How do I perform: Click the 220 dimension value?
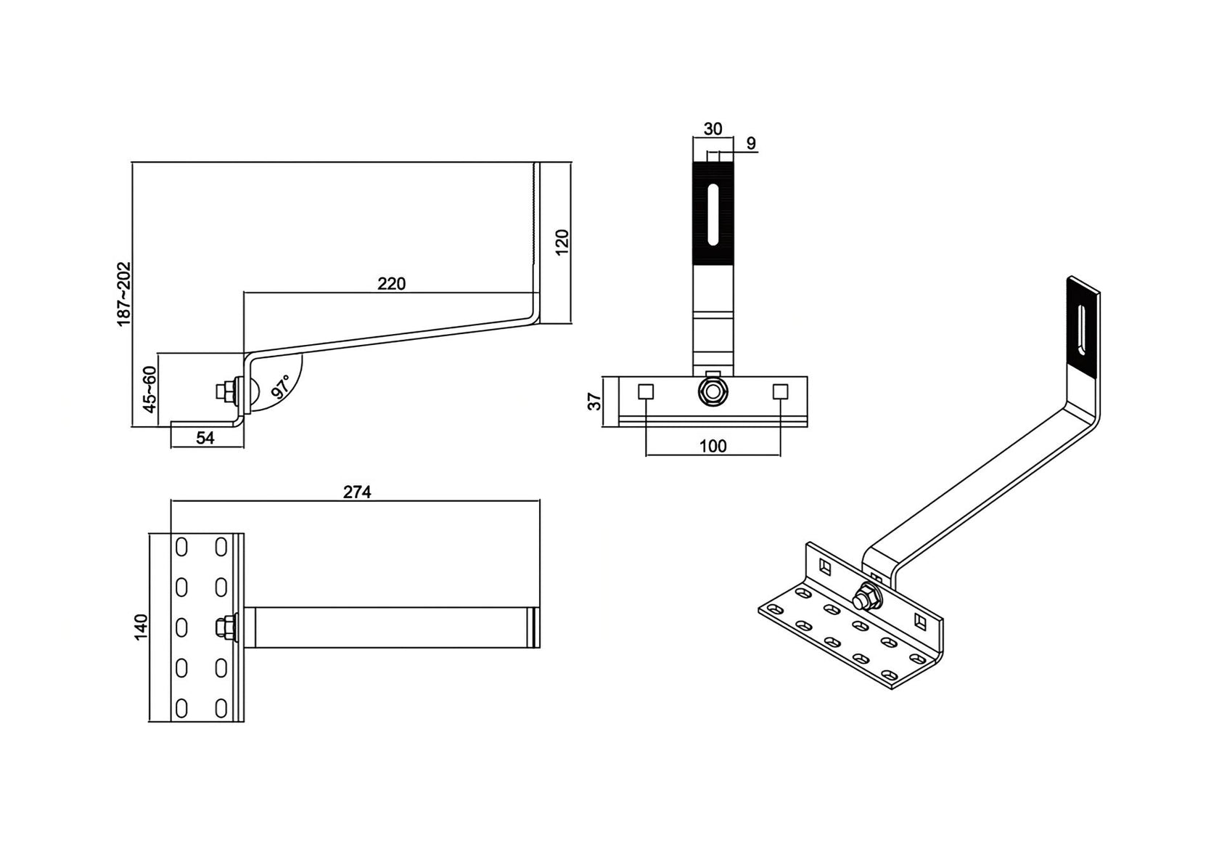point(391,283)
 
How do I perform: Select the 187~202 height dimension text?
point(124,293)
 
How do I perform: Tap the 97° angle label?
point(281,386)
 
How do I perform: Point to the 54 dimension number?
point(206,437)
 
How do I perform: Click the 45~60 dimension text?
point(149,389)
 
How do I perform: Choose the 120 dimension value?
point(562,242)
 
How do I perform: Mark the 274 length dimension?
point(357,492)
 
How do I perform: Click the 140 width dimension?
point(141,627)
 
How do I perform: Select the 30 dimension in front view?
point(713,129)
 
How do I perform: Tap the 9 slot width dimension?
point(751,143)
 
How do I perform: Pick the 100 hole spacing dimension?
point(713,446)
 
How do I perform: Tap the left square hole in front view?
point(645,391)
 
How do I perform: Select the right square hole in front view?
point(780,391)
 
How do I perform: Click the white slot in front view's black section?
point(713,214)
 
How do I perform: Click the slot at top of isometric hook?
point(1083,330)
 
